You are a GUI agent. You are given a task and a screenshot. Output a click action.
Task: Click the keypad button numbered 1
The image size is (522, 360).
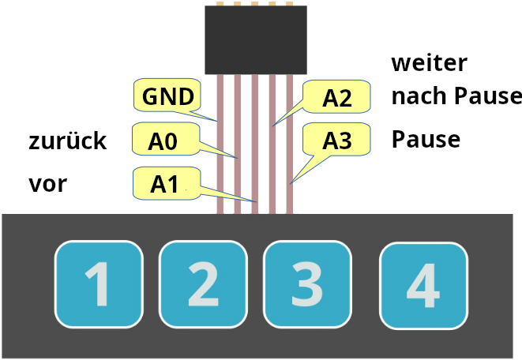98,284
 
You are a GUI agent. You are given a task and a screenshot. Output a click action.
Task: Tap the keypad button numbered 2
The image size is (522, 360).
203,284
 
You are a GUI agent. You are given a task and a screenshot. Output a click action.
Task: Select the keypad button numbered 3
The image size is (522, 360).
306,284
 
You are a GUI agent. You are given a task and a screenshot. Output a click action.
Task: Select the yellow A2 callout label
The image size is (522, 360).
337,97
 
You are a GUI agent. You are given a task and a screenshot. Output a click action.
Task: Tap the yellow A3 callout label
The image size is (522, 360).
337,141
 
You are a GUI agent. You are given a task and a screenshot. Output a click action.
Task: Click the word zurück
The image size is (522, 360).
67,141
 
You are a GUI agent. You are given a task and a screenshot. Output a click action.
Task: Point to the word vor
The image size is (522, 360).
47,185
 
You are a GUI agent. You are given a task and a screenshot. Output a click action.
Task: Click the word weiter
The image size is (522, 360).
430,62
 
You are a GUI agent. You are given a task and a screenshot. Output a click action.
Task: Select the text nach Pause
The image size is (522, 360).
456,97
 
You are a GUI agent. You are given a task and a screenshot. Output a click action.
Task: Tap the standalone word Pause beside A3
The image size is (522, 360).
426,140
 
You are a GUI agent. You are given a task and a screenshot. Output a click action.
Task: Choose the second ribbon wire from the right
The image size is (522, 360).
272,158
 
